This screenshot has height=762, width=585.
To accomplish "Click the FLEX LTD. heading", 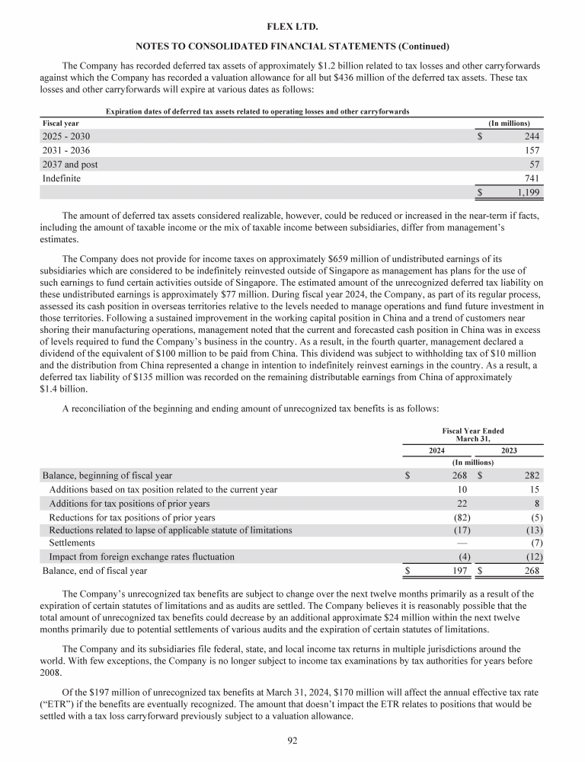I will (x=292, y=27).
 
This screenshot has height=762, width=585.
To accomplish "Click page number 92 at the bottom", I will (x=292, y=740).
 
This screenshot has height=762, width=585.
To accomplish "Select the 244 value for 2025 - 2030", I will (x=532, y=136).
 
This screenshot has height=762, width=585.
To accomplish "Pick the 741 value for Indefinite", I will (x=532, y=178).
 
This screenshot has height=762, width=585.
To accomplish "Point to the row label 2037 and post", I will (x=69, y=165).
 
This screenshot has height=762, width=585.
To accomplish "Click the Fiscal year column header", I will (x=60, y=123).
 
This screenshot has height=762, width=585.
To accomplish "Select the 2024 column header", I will (x=436, y=450).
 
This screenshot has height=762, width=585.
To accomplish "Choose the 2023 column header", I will (x=510, y=450).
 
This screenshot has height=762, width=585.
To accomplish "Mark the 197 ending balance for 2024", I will (x=458, y=571).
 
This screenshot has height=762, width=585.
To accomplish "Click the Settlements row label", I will (x=72, y=543).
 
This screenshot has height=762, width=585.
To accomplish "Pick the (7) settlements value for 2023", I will (x=535, y=543).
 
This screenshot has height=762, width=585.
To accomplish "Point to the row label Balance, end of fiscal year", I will (x=94, y=571).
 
